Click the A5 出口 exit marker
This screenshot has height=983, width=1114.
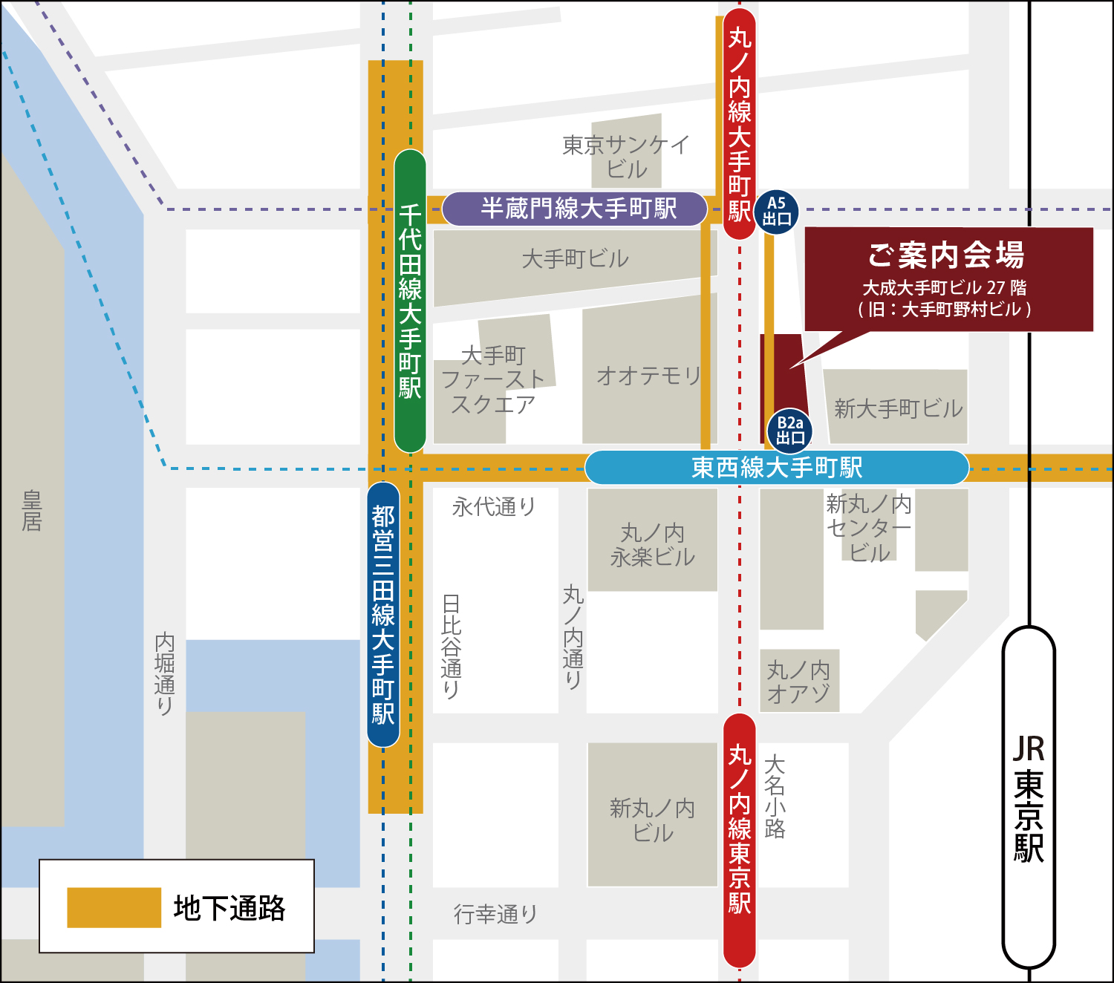pyautogui.click(x=777, y=212)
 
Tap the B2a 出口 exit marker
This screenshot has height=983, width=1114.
pyautogui.click(x=790, y=431)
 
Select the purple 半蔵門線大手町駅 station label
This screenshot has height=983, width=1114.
pyautogui.click(x=575, y=209)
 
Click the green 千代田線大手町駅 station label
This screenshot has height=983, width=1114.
pyautogui.click(x=410, y=301)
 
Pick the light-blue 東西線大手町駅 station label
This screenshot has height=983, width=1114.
pyautogui.click(x=777, y=468)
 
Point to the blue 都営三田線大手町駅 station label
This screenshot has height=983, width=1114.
pyautogui.click(x=383, y=615)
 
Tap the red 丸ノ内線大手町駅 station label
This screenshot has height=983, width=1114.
pyautogui.click(x=740, y=123)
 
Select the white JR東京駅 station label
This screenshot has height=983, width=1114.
pyautogui.click(x=1029, y=798)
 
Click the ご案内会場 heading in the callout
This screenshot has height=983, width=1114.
pyautogui.click(x=947, y=255)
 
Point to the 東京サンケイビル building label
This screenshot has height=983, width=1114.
pyautogui.click(x=626, y=156)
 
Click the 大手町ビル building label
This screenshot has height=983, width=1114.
pyautogui.click(x=575, y=259)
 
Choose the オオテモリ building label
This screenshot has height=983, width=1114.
pyautogui.click(x=648, y=376)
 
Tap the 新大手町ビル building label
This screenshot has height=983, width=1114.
pyautogui.click(x=898, y=408)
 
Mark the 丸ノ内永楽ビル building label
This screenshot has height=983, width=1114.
pyautogui.click(x=652, y=545)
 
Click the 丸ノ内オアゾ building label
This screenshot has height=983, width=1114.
pyautogui.click(x=798, y=682)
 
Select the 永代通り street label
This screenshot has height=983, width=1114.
pyautogui.click(x=493, y=507)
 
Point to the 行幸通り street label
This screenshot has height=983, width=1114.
pyautogui.click(x=495, y=914)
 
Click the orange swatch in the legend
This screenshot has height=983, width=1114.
pyautogui.click(x=114, y=907)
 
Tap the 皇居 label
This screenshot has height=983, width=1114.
pyautogui.click(x=32, y=511)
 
